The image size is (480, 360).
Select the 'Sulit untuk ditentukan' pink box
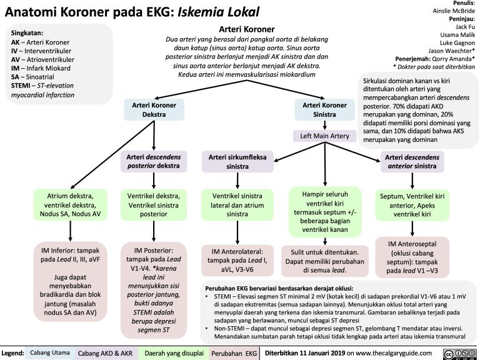[325, 261]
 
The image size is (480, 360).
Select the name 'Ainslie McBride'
[451, 11]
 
